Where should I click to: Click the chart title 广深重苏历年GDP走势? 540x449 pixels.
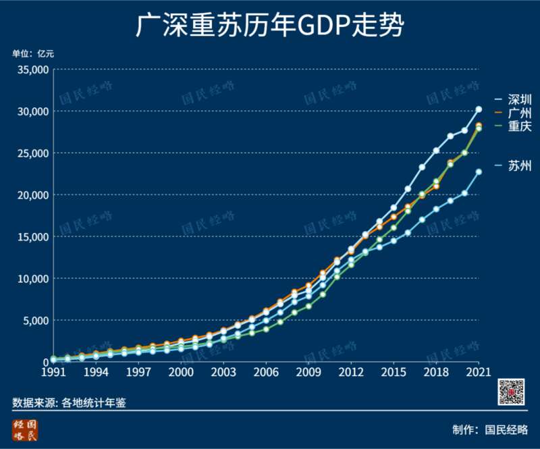pos(270,27)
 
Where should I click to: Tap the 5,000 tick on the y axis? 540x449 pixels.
pos(35,320)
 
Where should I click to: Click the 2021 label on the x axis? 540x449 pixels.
pos(478,372)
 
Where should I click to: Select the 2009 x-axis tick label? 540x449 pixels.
pos(308,372)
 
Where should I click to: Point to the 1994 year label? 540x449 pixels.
pos(96,372)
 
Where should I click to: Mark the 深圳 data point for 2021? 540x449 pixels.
pos(479,109)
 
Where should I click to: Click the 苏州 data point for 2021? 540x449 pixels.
pos(479,171)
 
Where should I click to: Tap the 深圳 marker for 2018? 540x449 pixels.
pos(436,151)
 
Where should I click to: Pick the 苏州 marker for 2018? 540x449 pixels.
pos(436,209)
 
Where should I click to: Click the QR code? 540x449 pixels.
pos(512,392)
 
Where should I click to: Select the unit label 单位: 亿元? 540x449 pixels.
pos(32,54)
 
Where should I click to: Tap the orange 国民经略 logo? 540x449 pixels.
pos(26,430)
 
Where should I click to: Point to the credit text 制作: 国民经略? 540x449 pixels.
pos(490,429)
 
